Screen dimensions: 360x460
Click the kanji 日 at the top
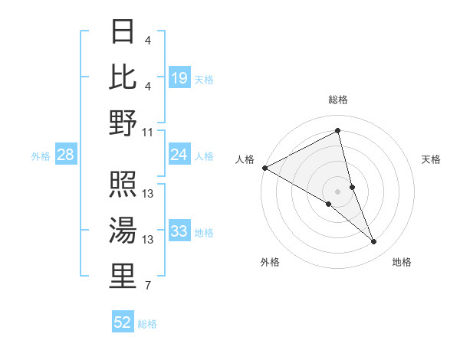point(123,32)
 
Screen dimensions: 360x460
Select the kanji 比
point(123,76)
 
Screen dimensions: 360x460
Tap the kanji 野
point(123,123)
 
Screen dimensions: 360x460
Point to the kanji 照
point(123,185)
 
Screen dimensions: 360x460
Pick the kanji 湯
point(123,230)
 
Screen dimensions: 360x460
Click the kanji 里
point(123,277)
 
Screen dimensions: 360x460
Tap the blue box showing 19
point(179,77)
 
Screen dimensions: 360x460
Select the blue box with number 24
point(179,155)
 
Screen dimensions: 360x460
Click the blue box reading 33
point(179,231)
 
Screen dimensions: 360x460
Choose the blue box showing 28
point(66,155)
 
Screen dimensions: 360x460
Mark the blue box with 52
point(123,322)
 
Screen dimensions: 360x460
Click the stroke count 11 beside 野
point(148,132)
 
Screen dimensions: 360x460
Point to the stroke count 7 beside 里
point(147,286)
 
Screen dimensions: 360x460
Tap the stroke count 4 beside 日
point(147,40)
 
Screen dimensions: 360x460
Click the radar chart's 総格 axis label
point(338,100)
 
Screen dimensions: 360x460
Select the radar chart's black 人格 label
point(245,159)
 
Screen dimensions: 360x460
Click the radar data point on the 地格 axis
point(374,242)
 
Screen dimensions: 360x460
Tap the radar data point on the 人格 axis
point(264,168)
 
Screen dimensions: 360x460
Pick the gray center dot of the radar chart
point(338,191)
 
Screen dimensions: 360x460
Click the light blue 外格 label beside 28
point(41,156)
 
